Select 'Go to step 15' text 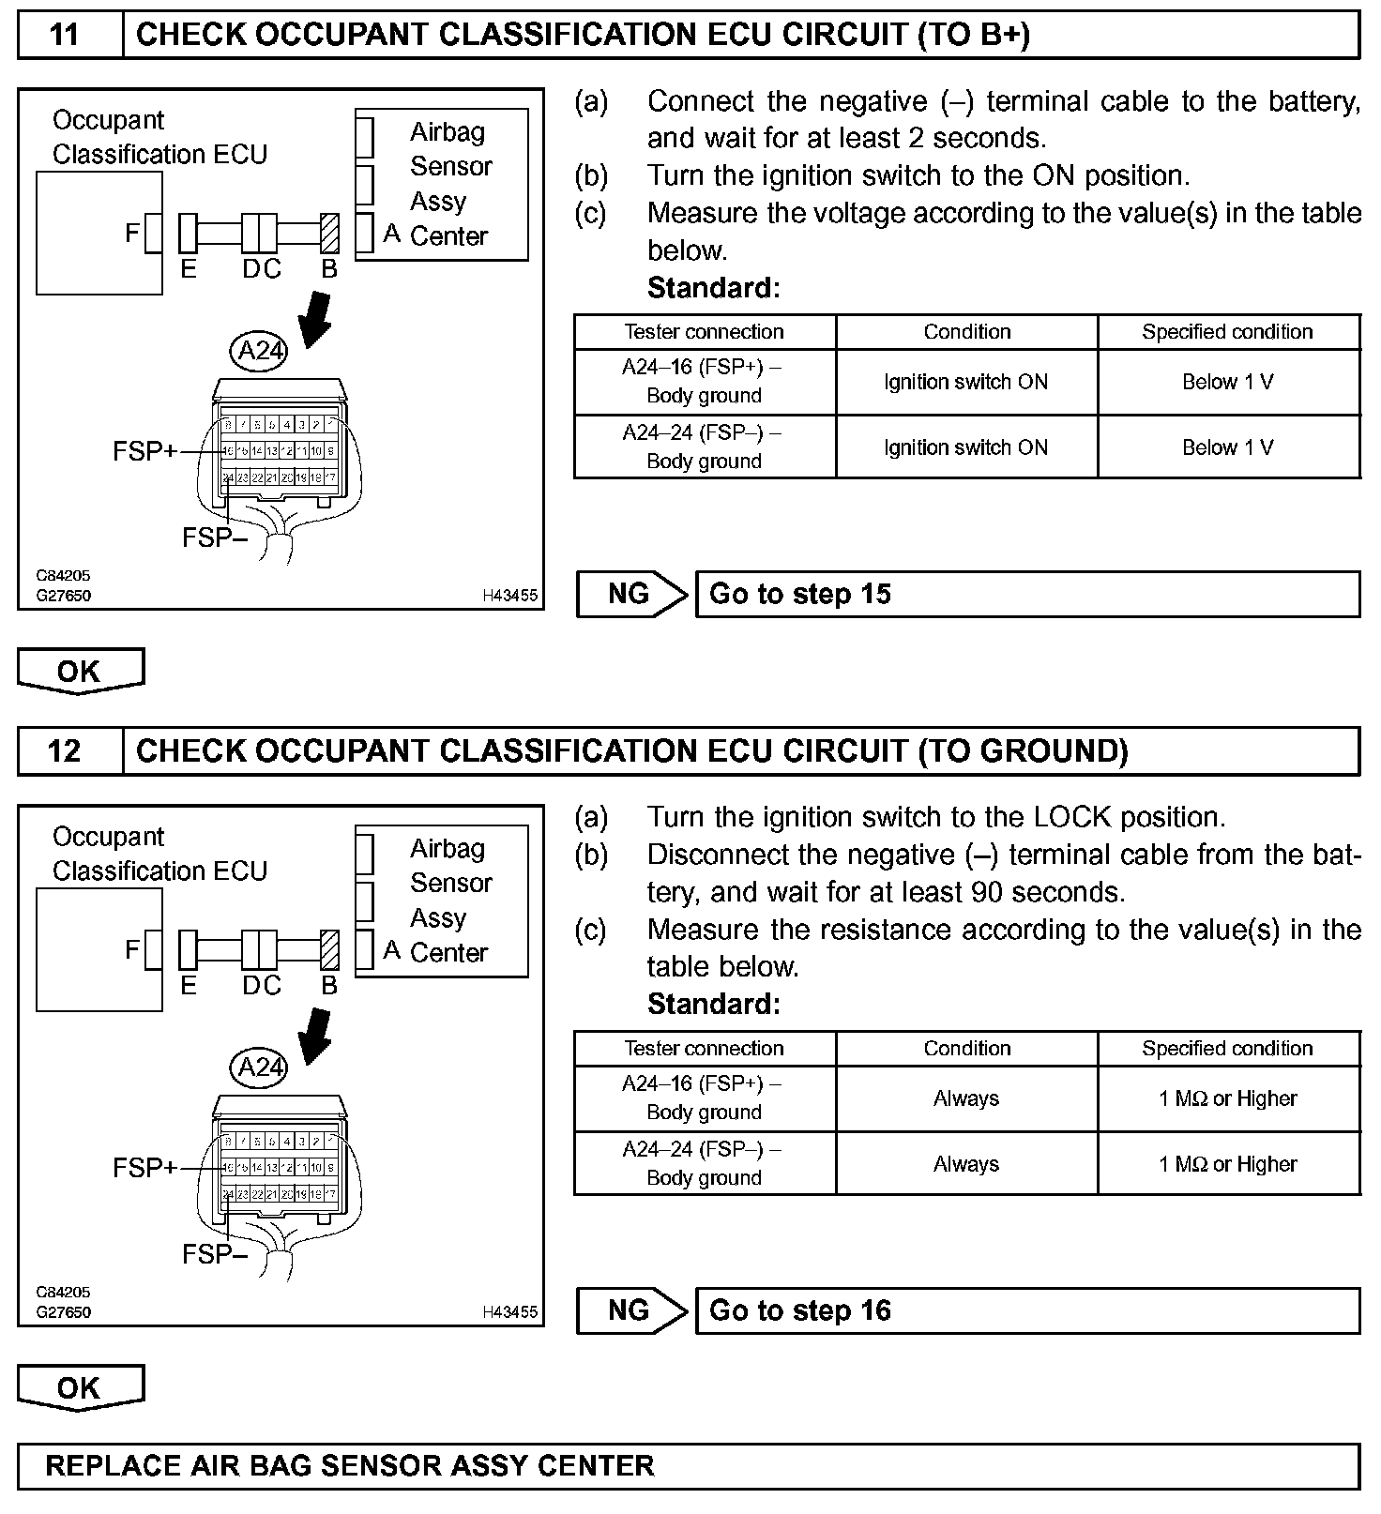point(799,595)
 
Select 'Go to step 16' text point(799,1311)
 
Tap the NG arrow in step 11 point(632,595)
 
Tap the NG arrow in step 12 point(632,1311)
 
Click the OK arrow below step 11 point(80,672)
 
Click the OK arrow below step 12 point(80,1388)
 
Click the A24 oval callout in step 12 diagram point(259,1067)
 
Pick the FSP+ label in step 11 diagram point(144,451)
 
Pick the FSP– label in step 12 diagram point(214,1254)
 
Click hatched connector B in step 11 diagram point(329,234)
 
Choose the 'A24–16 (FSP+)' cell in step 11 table point(704,382)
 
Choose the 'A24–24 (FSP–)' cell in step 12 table point(704,1163)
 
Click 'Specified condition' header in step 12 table point(1227,1049)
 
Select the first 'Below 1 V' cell point(1227,382)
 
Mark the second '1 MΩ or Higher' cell point(1227,1164)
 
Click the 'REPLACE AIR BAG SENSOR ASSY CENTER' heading point(349,1466)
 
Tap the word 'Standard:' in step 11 point(713,288)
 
